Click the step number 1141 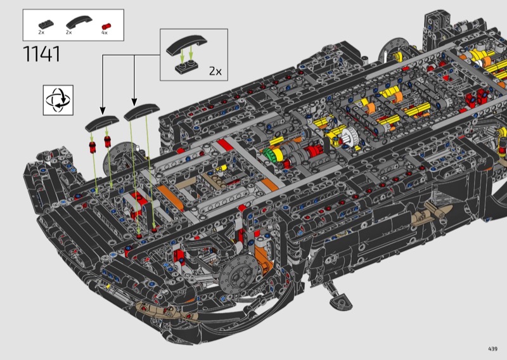[42, 54]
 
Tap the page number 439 [492, 349]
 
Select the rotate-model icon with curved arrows [58, 100]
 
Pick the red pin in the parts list [106, 26]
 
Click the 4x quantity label [104, 33]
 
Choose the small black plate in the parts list [46, 25]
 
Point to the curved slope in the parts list [79, 22]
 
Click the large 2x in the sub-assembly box [215, 71]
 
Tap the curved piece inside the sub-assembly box [186, 44]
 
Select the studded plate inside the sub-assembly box [186, 67]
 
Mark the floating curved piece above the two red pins [102, 123]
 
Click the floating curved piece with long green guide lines [141, 112]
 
